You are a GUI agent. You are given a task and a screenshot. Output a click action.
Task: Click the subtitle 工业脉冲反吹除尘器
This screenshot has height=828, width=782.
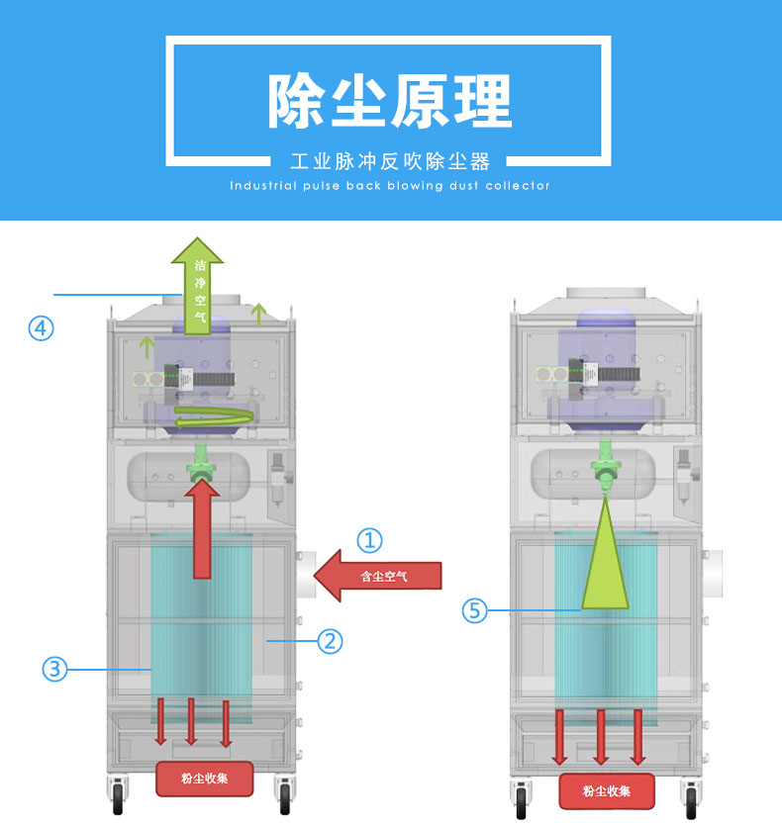pos(390,160)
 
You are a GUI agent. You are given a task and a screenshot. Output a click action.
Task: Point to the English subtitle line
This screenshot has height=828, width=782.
pos(390,185)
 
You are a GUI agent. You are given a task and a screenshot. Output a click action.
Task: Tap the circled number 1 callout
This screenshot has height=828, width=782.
pos(369,539)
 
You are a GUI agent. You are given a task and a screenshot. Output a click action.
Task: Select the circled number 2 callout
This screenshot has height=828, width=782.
pos(330,641)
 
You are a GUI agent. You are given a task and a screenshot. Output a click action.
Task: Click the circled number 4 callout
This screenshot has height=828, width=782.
pos(41,327)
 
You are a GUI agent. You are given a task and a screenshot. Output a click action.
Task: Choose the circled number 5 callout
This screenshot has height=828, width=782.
pos(476,611)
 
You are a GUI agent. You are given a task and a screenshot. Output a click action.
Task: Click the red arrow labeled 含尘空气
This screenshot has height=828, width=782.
pos(376,577)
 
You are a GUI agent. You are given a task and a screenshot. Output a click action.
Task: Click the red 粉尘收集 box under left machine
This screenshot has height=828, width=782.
pos(203,779)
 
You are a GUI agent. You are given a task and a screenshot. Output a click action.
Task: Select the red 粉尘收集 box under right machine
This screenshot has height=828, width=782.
pos(606,790)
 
